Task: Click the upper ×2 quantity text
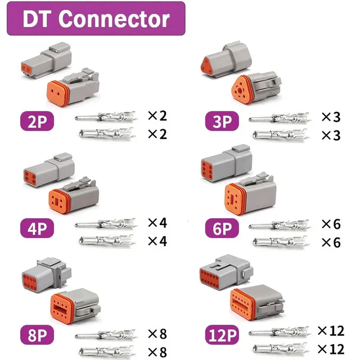click(x=157, y=116)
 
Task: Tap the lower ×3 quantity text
click(x=331, y=136)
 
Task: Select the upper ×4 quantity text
click(x=157, y=223)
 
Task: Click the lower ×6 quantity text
click(x=331, y=242)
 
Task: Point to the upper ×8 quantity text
click(x=157, y=334)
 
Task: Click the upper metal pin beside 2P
click(x=105, y=118)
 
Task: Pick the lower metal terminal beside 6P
click(x=278, y=243)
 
